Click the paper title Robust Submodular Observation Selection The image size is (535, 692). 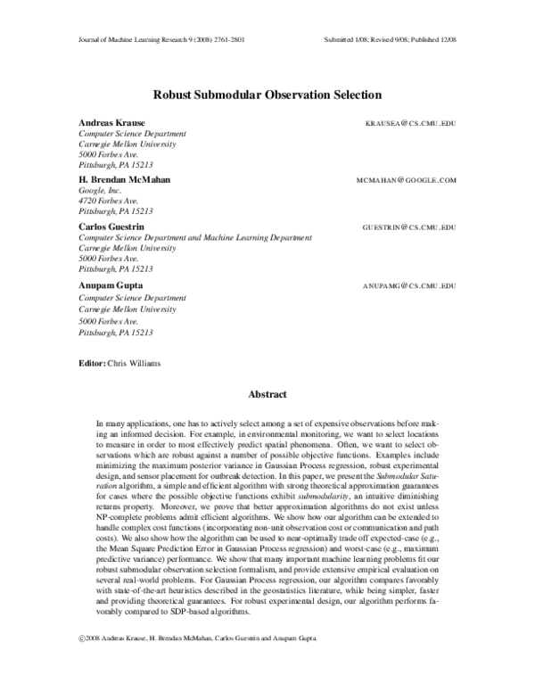[267, 94]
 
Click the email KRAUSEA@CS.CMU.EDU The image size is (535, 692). [411, 122]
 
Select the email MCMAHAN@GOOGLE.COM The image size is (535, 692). [406, 179]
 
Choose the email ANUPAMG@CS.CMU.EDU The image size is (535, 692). [409, 285]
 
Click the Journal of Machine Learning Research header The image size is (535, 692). [147, 40]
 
